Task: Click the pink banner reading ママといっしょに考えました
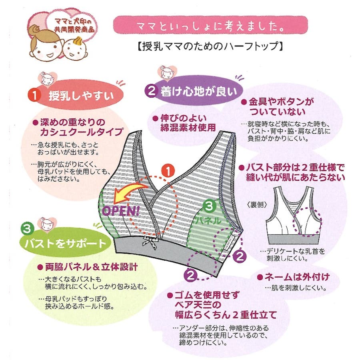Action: tap(210, 25)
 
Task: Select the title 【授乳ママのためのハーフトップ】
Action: tap(210, 46)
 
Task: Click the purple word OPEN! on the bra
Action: tap(121, 210)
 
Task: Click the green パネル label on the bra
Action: tap(208, 221)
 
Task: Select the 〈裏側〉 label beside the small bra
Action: tap(257, 204)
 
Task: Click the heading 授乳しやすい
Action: tap(81, 96)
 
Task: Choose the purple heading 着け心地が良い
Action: tap(199, 92)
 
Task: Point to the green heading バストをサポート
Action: tap(65, 243)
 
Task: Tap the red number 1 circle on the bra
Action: tap(168, 171)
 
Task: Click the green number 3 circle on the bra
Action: tap(209, 206)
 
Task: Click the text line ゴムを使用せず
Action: tap(204, 295)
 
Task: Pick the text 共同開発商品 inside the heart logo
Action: tap(74, 30)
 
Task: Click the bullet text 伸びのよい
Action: tap(180, 118)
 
